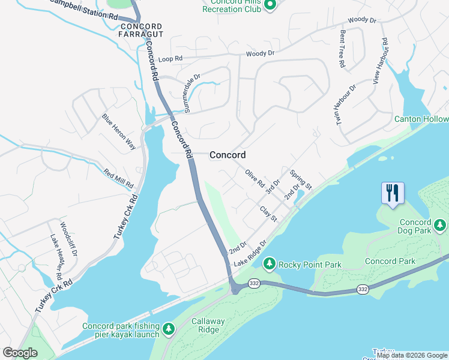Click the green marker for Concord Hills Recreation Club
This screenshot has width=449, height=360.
(270, 6)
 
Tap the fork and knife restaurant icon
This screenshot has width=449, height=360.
(393, 193)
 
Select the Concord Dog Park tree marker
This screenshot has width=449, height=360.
(441, 224)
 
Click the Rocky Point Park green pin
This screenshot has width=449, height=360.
(270, 263)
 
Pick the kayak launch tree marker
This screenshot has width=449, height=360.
(169, 328)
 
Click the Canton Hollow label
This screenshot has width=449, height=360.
(421, 119)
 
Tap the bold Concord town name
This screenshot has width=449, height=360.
(228, 155)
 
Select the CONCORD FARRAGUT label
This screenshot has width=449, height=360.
(141, 31)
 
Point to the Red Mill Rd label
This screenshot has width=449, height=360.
(118, 177)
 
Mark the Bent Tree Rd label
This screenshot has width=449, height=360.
(342, 49)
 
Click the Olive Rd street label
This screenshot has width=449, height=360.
(255, 179)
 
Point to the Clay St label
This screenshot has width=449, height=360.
(268, 214)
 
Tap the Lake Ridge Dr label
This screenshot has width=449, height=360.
(250, 255)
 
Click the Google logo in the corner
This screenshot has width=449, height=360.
(20, 353)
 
